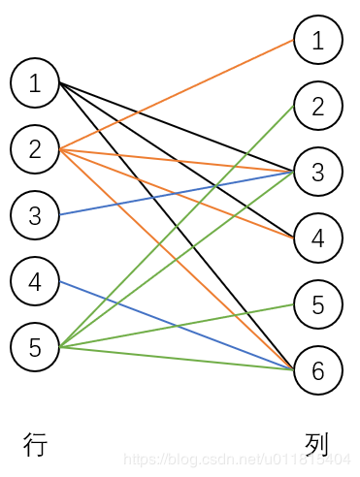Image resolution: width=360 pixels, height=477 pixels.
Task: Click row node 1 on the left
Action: point(35,83)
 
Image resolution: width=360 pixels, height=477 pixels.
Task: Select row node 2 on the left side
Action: point(35,149)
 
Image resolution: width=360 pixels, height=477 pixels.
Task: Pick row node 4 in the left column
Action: point(35,282)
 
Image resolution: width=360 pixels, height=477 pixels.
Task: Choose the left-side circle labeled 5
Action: point(35,347)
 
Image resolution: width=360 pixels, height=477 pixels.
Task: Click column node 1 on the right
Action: point(318,40)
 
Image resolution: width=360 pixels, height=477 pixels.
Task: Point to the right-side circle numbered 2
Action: point(318,106)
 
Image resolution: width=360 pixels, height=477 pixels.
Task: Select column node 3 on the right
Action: point(318,172)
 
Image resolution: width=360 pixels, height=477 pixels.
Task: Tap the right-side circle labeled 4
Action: point(318,238)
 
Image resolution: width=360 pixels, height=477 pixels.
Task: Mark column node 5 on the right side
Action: point(318,304)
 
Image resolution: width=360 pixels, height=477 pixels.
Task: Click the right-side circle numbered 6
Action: point(318,369)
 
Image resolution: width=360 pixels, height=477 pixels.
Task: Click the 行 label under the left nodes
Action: point(35,445)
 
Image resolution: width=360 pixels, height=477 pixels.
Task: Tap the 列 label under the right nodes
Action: point(317,445)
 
